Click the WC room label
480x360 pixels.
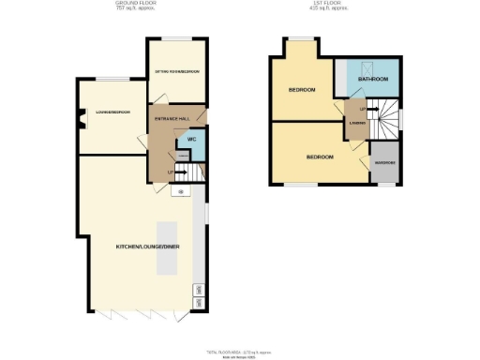pyautogui.click(x=190, y=140)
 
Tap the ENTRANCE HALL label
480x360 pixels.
pyautogui.click(x=172, y=119)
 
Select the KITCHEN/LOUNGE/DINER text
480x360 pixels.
pyautogui.click(x=147, y=246)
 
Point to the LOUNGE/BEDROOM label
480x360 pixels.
pyautogui.click(x=112, y=112)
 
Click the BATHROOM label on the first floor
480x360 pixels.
pyautogui.click(x=373, y=80)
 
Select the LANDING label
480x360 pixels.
pyautogui.click(x=356, y=123)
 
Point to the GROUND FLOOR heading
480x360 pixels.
pyautogui.click(x=135, y=5)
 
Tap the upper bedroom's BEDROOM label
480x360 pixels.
pyautogui.click(x=301, y=90)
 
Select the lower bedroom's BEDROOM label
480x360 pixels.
pyautogui.click(x=320, y=157)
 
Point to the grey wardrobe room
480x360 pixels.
pyautogui.click(x=385, y=161)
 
